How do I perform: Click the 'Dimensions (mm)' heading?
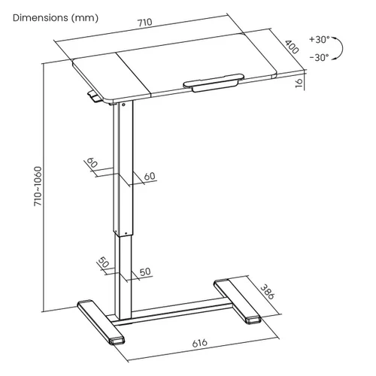(x=56, y=18)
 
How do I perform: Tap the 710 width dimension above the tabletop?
(x=145, y=23)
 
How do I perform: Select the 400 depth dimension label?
(x=292, y=47)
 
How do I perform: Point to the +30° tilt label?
(x=320, y=39)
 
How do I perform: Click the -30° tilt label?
(x=319, y=58)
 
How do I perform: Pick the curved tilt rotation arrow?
(x=341, y=48)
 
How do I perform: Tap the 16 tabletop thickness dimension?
(x=299, y=83)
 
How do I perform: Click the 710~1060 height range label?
(x=38, y=186)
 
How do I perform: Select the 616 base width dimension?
(x=200, y=343)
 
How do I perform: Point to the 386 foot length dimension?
(x=267, y=292)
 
